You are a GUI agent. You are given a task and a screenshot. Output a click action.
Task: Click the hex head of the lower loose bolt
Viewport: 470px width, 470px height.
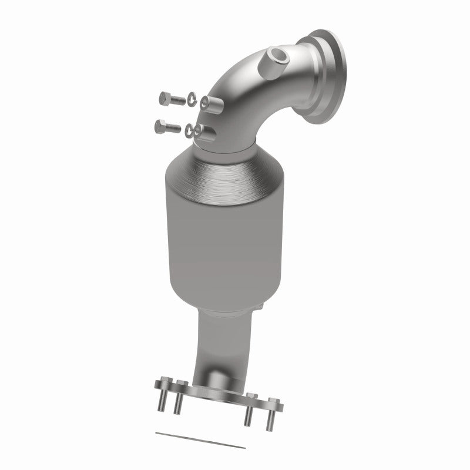(160, 125)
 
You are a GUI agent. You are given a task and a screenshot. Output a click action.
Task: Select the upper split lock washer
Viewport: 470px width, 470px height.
(193, 100)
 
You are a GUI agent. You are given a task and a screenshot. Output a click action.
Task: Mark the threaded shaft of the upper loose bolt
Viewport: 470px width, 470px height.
(177, 99)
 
